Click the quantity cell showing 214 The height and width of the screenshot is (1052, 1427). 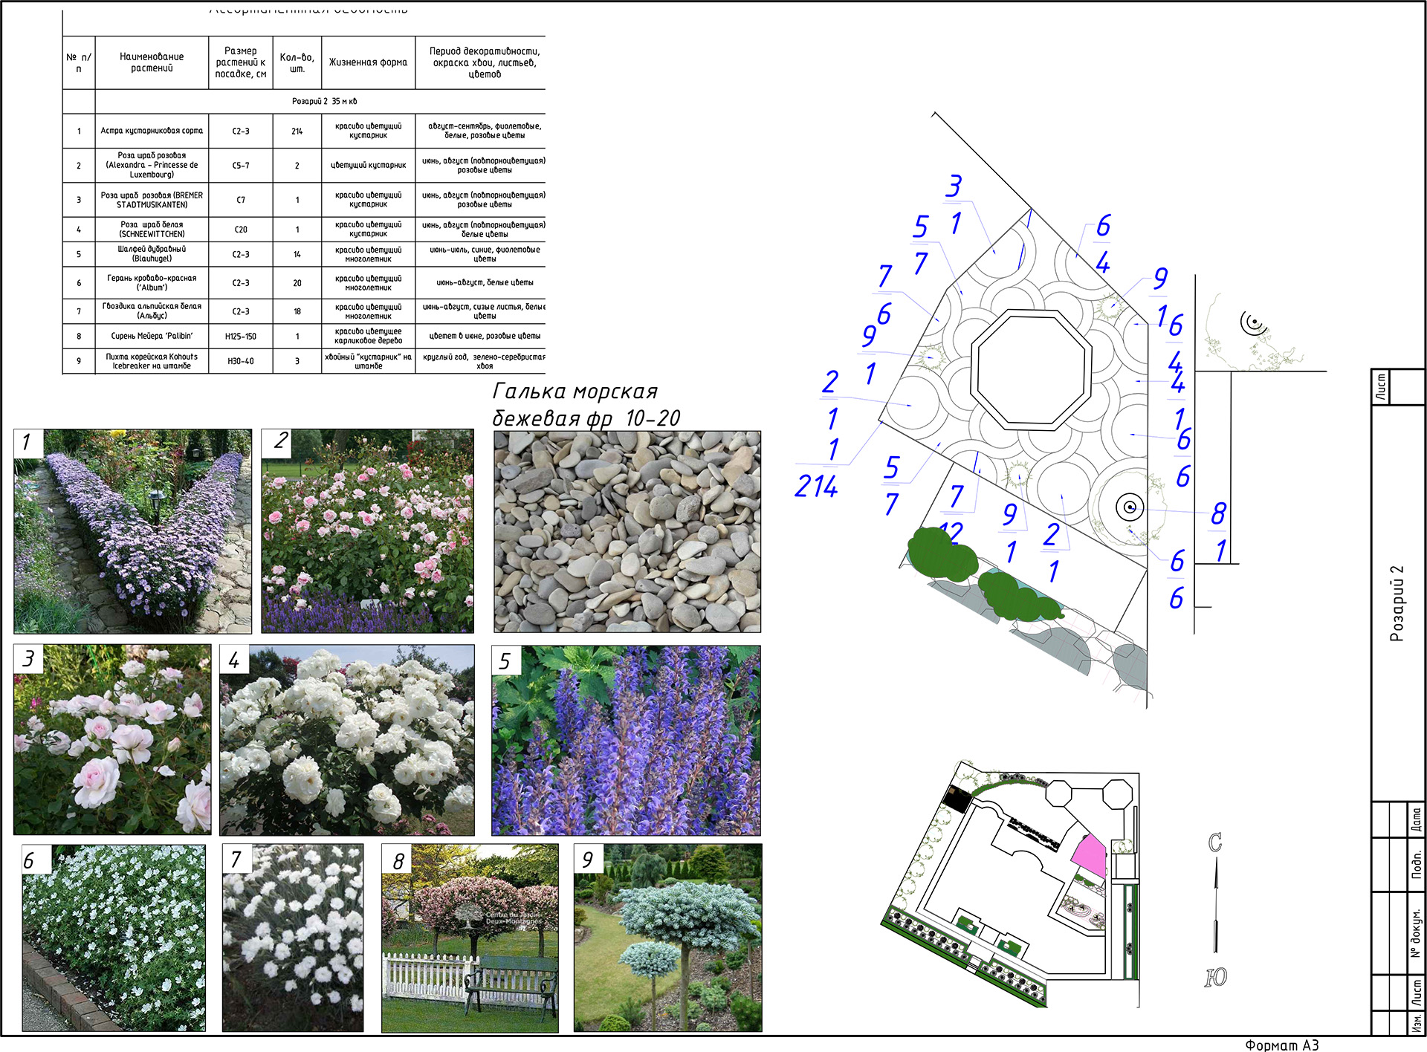[x=297, y=131]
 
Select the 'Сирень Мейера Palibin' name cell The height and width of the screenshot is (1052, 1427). [x=152, y=337]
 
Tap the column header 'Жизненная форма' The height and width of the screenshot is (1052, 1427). [x=368, y=62]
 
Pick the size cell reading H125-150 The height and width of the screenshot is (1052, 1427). [x=240, y=337]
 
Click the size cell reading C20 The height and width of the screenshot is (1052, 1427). [x=240, y=230]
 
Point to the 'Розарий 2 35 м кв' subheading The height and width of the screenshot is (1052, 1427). [x=324, y=101]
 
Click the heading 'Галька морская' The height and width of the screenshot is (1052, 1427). [x=575, y=392]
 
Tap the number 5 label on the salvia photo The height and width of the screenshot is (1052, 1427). [x=505, y=660]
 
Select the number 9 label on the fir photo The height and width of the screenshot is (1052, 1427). [x=588, y=860]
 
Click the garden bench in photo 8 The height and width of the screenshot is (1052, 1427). [x=511, y=981]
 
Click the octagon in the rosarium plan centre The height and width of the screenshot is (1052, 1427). [x=1031, y=369]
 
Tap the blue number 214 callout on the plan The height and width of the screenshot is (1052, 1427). [x=816, y=487]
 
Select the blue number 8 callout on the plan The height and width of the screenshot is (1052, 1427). [x=1218, y=513]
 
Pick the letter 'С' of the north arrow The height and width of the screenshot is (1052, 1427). [x=1215, y=842]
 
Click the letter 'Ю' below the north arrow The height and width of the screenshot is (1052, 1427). [x=1216, y=977]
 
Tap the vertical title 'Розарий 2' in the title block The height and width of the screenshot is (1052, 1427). [x=1397, y=603]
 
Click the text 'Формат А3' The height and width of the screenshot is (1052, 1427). [x=1281, y=1045]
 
